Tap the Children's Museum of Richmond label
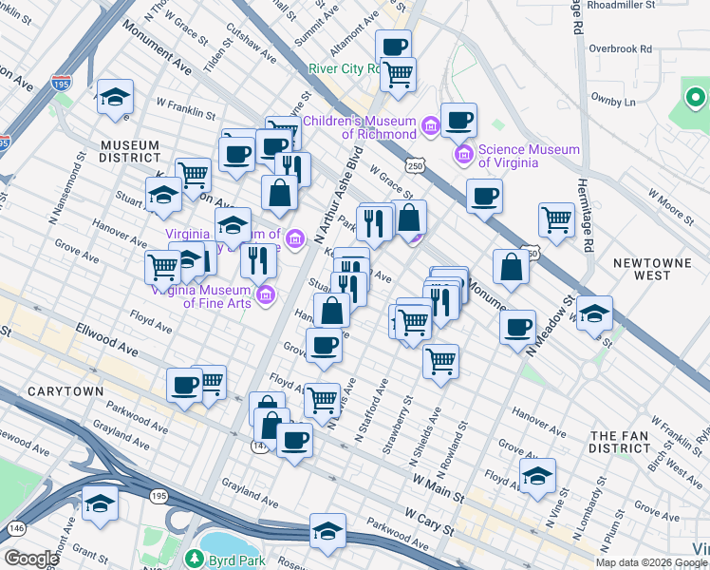click(360, 127)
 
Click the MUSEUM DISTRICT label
click(131, 151)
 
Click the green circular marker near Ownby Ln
click(695, 97)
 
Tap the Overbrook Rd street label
click(620, 48)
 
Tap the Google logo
click(32, 559)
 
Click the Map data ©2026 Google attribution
click(641, 562)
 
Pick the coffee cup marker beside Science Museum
click(458, 121)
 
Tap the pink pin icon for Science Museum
click(464, 153)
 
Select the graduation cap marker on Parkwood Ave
click(328, 530)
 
